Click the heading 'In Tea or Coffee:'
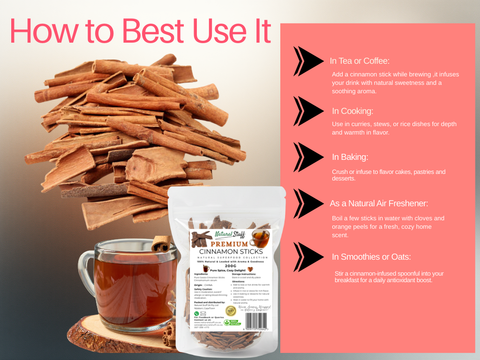[x=360, y=61]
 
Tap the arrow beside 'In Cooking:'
[x=308, y=111]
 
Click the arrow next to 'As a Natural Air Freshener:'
[x=308, y=203]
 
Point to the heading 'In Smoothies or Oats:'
[x=371, y=257]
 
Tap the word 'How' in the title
[x=41, y=32]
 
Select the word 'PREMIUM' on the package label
[x=229, y=244]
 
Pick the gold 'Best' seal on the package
[x=230, y=310]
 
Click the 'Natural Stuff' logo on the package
[x=230, y=234]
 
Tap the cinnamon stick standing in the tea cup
[x=161, y=244]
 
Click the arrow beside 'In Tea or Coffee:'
[x=308, y=61]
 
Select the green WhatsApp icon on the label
[x=197, y=313]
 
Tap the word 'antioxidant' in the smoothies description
[x=403, y=280]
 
